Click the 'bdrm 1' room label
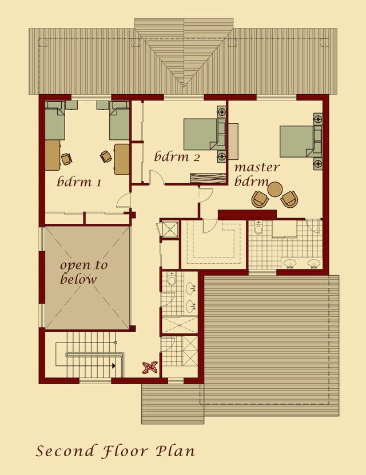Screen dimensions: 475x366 tap(79, 182)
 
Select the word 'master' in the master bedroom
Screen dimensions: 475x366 tap(257, 167)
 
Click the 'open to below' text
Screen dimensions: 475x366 tap(83, 272)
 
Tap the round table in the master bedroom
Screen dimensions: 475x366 tap(275, 189)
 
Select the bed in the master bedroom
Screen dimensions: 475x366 tap(296, 141)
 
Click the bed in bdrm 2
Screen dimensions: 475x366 tap(200, 134)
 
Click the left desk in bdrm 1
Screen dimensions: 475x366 tap(52, 155)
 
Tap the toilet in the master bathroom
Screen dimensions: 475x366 tap(258, 228)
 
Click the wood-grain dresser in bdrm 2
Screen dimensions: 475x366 tap(209, 178)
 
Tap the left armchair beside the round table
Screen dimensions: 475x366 tap(260, 199)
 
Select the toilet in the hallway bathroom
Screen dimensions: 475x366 tap(172, 280)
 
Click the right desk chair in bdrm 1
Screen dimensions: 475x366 tap(106, 155)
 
